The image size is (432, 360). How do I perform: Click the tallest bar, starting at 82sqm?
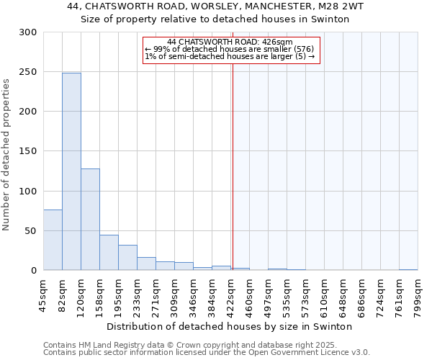click(x=71, y=171)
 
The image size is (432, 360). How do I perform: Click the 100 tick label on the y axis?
click(x=28, y=192)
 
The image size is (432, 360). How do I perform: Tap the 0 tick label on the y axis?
click(x=33, y=271)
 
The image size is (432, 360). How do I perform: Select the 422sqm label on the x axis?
click(x=231, y=295)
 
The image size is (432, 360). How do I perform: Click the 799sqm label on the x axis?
click(x=418, y=295)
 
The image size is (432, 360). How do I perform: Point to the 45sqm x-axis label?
click(x=44, y=295)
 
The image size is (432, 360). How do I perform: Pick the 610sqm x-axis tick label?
click(x=325, y=295)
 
